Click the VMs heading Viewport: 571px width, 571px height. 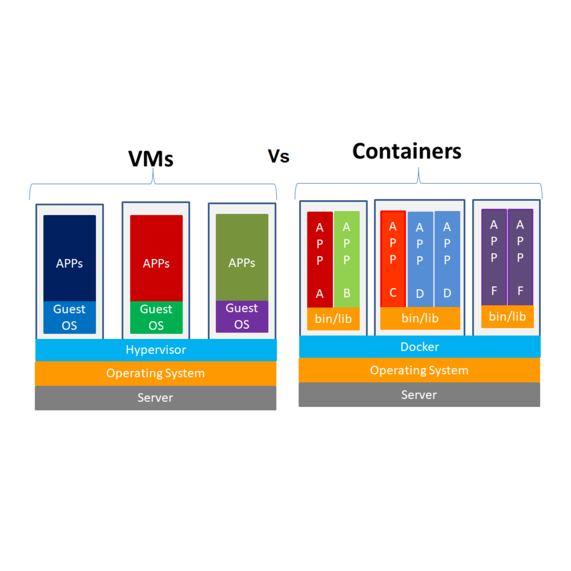[151, 159]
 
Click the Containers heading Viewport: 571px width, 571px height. [407, 151]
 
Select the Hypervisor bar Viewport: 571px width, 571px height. [156, 350]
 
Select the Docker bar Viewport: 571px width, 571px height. [420, 347]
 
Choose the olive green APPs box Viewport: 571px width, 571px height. [242, 257]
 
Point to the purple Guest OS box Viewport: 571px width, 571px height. [242, 317]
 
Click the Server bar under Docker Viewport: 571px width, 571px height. [419, 394]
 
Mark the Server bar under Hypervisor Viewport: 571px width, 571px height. [156, 398]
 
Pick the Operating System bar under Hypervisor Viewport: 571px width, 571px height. [156, 373]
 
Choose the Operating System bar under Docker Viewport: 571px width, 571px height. [419, 370]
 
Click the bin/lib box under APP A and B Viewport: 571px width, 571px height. [333, 319]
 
